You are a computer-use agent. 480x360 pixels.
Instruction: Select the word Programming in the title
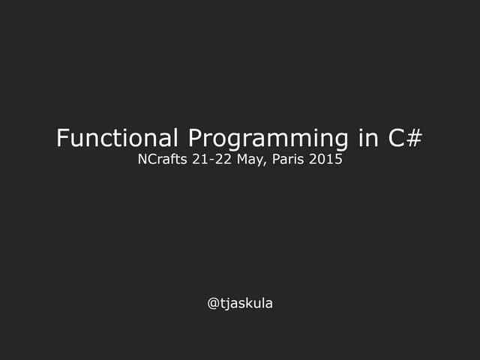coord(267,139)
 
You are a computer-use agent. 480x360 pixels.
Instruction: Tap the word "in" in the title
coord(364,138)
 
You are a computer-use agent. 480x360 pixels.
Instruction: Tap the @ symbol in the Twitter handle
coord(213,304)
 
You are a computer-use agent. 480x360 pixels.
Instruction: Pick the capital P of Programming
coord(194,138)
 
